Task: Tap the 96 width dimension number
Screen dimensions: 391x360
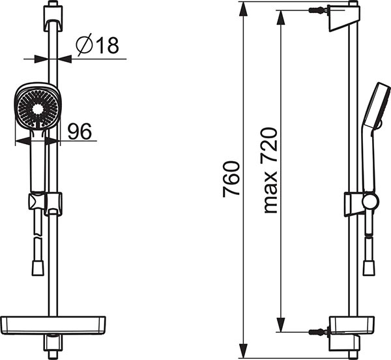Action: [80, 132]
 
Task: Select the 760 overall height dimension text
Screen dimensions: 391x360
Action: [231, 179]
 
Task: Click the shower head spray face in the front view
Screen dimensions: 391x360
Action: [38, 109]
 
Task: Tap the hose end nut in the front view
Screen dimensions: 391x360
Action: [38, 268]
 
